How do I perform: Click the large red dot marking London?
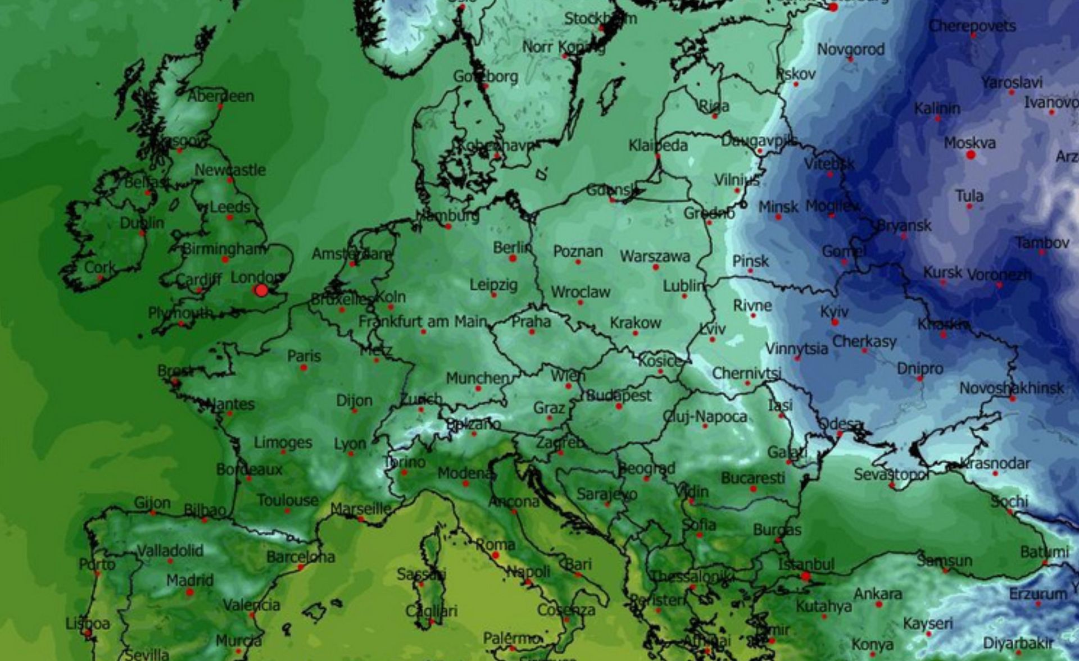pos(261,290)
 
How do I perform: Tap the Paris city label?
pos(304,356)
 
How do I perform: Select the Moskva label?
pos(969,143)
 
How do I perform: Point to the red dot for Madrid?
pos(190,592)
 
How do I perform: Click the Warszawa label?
pos(655,257)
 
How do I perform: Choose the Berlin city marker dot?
pos(513,258)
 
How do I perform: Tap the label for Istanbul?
pos(806,564)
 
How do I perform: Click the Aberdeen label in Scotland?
pos(221,96)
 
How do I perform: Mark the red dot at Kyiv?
pos(835,322)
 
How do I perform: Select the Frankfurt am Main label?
pos(423,321)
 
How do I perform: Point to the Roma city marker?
pos(496,555)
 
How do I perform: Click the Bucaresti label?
pos(753,478)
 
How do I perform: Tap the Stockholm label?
pos(600,19)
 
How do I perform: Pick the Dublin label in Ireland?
pos(142,223)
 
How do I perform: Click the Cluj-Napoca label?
pos(705,417)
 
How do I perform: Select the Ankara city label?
pos(878,594)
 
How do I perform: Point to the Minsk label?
pos(778,207)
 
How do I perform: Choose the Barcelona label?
pos(301,557)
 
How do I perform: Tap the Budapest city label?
pos(619,395)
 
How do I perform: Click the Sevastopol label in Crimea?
pos(891,475)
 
